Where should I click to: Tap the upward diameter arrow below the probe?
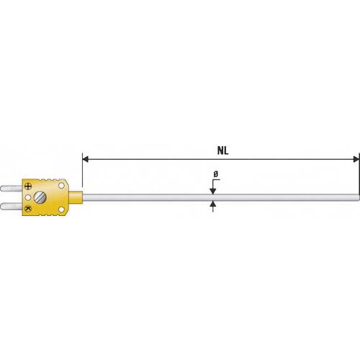214,204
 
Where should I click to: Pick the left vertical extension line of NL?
83,173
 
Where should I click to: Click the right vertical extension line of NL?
358,173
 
